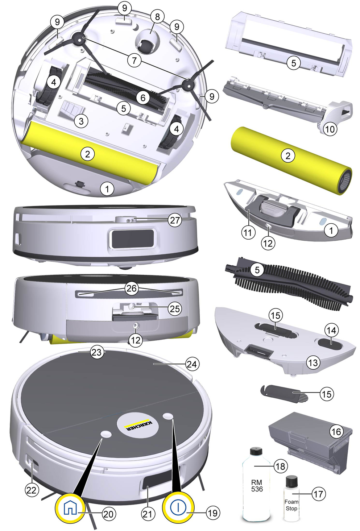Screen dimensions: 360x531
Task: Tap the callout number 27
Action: [x=175, y=220]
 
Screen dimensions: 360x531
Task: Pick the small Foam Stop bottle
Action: [x=291, y=496]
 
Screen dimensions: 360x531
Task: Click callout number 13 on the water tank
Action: [x=313, y=362]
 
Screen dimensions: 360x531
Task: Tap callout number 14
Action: [x=332, y=330]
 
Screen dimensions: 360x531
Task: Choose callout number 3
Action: [x=81, y=121]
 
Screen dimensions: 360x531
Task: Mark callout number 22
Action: [x=32, y=490]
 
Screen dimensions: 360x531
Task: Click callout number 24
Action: [x=192, y=364]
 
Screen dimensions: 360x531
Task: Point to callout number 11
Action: [x=248, y=233]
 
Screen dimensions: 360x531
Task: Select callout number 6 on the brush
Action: [x=143, y=98]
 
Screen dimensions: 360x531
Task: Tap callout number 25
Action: [x=175, y=309]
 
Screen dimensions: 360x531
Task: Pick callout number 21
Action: [x=147, y=514]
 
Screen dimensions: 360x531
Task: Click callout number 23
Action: [x=97, y=352]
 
